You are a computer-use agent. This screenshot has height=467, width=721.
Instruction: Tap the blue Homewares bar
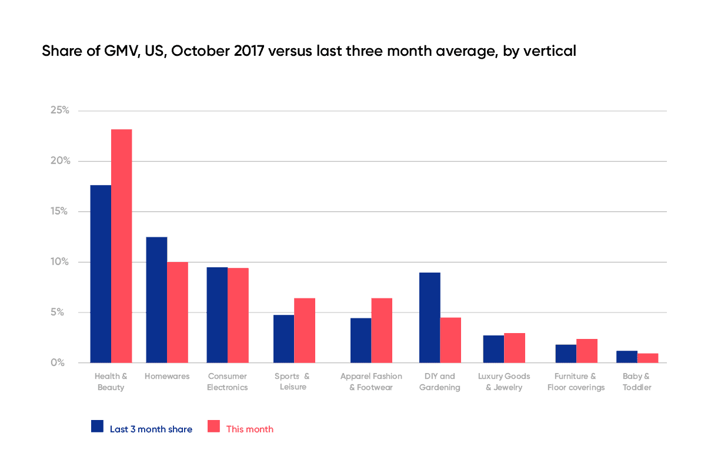[x=156, y=300]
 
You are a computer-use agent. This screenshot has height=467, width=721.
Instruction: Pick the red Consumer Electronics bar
[x=238, y=315]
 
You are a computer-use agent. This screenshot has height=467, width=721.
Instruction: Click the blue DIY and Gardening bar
[x=430, y=317]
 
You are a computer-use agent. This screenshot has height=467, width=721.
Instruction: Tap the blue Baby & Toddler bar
[x=627, y=357]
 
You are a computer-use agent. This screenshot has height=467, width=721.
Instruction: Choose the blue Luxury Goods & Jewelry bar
[x=493, y=349]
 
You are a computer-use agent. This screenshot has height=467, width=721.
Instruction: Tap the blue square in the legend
[x=98, y=427]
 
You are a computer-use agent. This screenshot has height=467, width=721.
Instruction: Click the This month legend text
[x=250, y=429]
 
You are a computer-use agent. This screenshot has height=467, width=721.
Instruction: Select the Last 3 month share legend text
[x=151, y=429]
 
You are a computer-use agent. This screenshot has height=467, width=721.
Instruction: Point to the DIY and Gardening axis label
[x=439, y=382]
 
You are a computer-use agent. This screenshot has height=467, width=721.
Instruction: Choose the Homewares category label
[x=168, y=377]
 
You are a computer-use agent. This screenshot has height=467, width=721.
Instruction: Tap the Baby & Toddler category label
[x=637, y=382]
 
